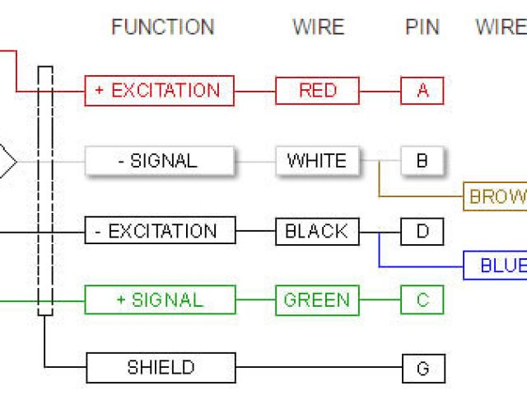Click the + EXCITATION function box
159,91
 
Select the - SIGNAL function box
159,161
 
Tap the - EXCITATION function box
159,231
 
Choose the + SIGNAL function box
159,300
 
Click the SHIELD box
161,368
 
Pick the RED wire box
317,91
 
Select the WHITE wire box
317,161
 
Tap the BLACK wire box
317,231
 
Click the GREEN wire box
317,300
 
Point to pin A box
422,91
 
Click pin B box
422,161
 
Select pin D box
422,231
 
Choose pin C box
422,300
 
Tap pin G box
423,368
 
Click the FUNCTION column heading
162,27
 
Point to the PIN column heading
423,27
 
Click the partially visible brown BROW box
495,197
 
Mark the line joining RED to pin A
380,91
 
